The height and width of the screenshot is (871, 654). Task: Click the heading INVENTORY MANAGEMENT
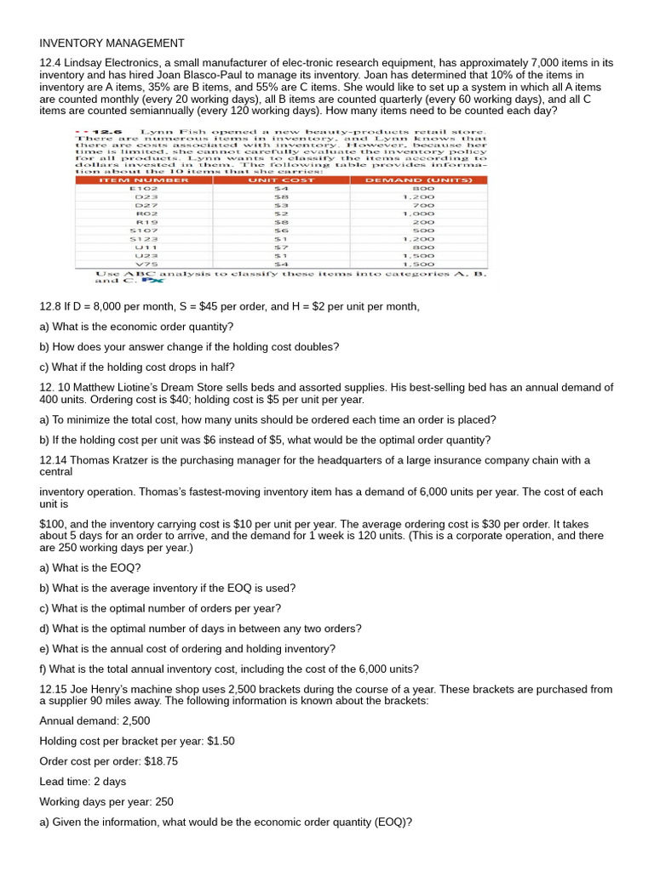[x=112, y=43]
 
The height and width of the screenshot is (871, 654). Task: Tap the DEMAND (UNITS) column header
[x=418, y=179]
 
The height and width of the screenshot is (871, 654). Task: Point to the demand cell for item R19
[x=423, y=222]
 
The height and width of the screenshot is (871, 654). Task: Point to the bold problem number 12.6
[x=108, y=133]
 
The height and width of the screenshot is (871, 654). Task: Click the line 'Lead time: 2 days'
[x=83, y=781]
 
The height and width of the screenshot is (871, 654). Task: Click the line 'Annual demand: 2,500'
[x=93, y=720]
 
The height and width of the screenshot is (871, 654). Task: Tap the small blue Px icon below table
[x=152, y=279]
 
